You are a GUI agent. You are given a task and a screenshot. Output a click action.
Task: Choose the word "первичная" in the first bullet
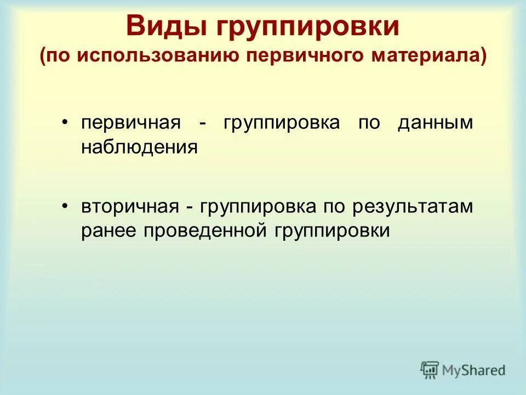[x=131, y=123]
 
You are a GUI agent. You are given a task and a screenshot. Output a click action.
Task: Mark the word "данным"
[x=435, y=123]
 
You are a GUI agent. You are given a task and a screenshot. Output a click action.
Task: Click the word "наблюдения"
[x=139, y=147]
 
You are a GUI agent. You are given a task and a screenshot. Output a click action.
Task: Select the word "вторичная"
[x=131, y=207]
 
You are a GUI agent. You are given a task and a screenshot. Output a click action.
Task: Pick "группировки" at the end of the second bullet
[x=329, y=231]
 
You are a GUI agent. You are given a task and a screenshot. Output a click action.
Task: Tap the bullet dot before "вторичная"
[x=65, y=207]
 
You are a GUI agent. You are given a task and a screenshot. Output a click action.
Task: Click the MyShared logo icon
[x=430, y=370]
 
